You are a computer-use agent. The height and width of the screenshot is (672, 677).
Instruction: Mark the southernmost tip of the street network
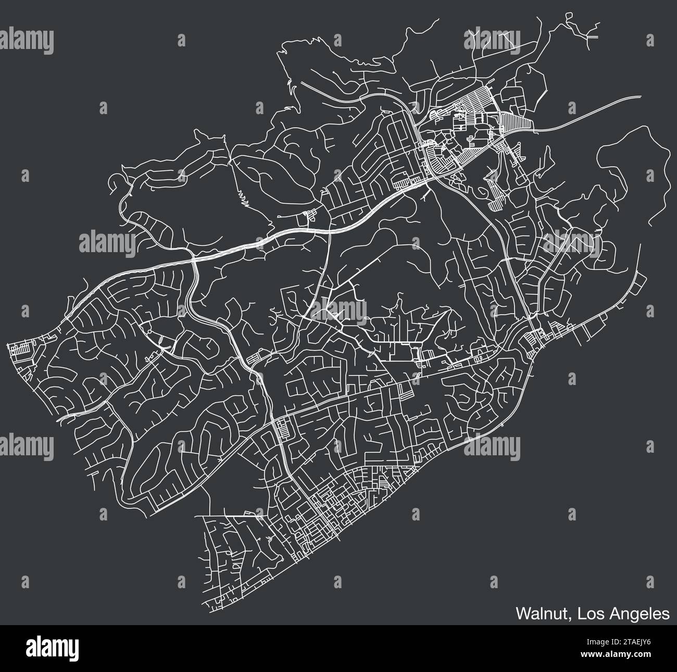[x=214, y=607]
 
